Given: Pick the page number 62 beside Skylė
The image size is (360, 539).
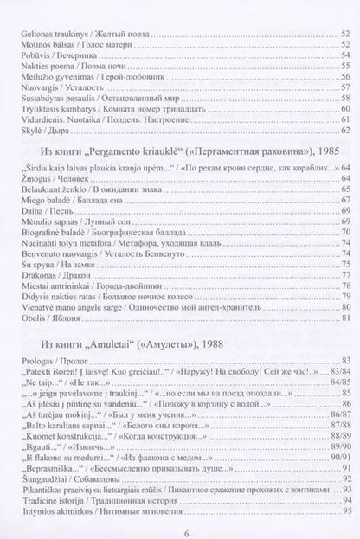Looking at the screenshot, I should tap(344, 131).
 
